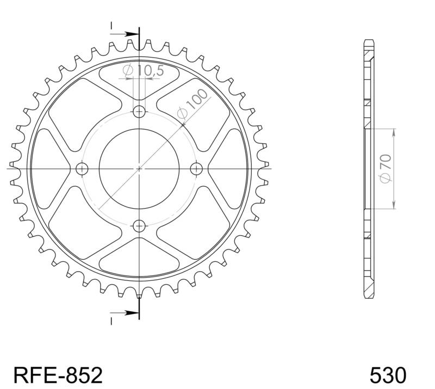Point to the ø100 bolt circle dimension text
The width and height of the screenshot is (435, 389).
click(192, 103)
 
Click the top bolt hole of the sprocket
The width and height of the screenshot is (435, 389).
click(140, 112)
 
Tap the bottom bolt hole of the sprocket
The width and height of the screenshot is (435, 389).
click(140, 225)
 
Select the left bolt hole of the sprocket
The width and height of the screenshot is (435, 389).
click(83, 168)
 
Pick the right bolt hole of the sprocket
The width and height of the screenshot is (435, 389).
click(196, 168)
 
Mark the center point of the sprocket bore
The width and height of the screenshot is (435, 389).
click(140, 168)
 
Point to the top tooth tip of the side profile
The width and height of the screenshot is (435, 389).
click(369, 42)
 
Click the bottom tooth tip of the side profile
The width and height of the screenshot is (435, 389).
click(369, 296)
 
